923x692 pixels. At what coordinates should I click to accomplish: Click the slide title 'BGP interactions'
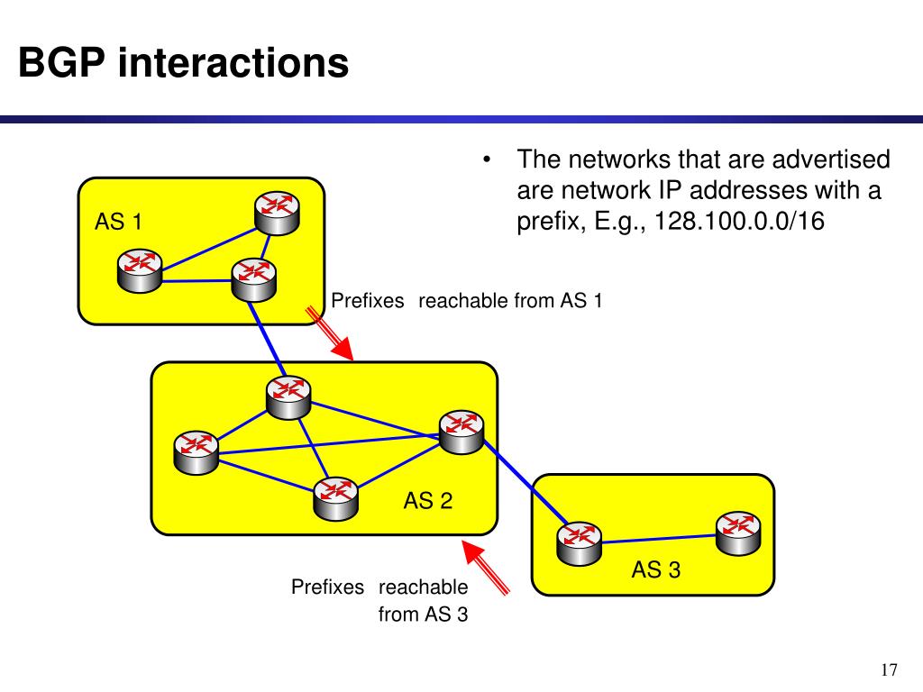pos(184,63)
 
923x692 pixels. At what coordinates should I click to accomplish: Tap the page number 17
pos(889,670)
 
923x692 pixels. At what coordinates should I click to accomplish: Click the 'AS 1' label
pos(118,221)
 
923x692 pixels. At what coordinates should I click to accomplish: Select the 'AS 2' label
pos(427,501)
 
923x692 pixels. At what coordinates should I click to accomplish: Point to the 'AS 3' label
pos(655,569)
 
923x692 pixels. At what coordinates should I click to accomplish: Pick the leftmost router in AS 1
pos(140,269)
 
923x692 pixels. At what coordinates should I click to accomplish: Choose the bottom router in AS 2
pos(335,497)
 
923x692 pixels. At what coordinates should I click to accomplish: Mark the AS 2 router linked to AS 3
pos(461,431)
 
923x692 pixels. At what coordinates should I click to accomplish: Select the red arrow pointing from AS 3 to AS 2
pos(486,565)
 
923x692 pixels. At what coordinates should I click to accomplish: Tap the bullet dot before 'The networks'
pos(487,162)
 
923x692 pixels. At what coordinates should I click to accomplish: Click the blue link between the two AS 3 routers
pos(658,538)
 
